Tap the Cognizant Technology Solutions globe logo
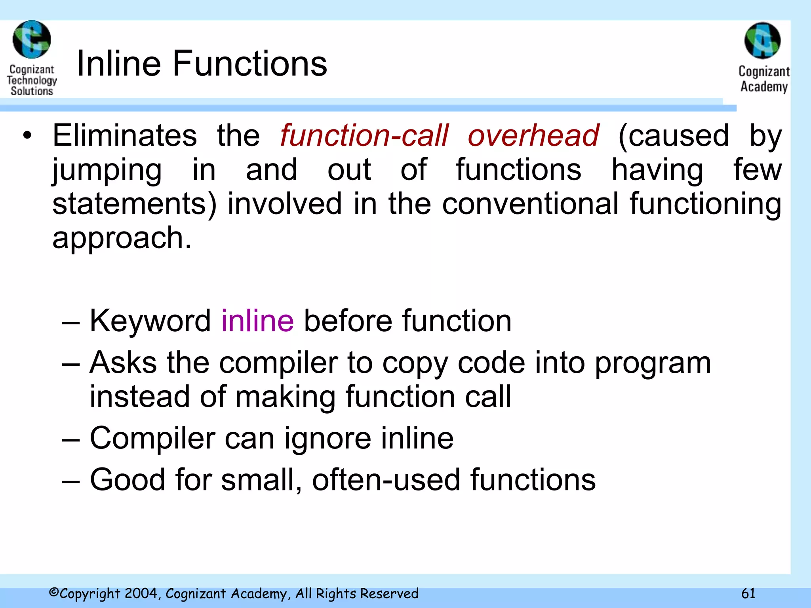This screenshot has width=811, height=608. click(x=32, y=40)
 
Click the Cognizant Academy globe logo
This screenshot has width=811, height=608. click(x=762, y=41)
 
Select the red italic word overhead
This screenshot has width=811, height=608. click(x=533, y=135)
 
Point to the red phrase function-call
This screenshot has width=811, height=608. click(x=364, y=135)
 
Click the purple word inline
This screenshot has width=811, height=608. click(x=257, y=321)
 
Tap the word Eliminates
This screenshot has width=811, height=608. click(x=125, y=135)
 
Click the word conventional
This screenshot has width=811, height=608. click(x=530, y=204)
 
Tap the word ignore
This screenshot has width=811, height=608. click(x=328, y=439)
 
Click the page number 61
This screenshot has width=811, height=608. click(x=748, y=593)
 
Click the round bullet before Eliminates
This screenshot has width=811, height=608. click(x=27, y=135)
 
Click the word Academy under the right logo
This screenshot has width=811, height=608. click(x=764, y=86)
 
